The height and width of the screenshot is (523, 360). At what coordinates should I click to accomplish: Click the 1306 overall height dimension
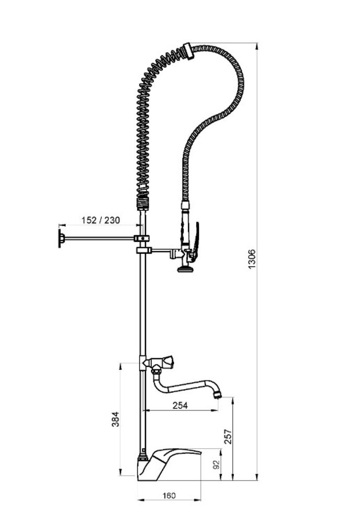pos(252,259)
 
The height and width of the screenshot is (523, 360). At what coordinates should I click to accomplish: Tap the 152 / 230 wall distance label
pos(100,220)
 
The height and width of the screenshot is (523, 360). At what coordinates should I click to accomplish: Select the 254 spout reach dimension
pos(180,405)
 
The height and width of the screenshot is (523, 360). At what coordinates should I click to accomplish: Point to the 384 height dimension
pos(116,419)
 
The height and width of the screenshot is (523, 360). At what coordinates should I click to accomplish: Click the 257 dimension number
pos(228,436)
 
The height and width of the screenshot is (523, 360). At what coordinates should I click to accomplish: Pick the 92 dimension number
pos(216,464)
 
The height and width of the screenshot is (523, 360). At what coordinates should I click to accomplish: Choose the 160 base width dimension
pos(169,496)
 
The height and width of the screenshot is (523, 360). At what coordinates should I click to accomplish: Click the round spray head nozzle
pos(185,268)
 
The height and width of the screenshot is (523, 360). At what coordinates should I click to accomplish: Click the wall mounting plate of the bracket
pos(60,238)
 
